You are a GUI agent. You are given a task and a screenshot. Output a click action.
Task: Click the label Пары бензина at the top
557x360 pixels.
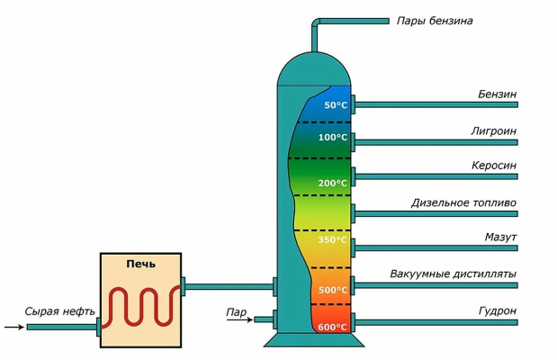tap(434, 20)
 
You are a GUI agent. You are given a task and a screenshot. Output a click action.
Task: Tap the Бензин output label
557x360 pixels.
tap(497, 94)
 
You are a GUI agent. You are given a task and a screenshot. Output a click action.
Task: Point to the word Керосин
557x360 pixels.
tap(493, 166)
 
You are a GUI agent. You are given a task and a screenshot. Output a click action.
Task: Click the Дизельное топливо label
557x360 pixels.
tap(463, 202)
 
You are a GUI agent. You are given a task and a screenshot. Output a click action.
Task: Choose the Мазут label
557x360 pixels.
tap(499, 238)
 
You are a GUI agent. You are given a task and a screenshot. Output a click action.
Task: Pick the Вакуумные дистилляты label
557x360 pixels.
tap(454, 274)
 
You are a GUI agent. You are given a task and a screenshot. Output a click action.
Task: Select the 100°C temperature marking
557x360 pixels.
tap(332, 138)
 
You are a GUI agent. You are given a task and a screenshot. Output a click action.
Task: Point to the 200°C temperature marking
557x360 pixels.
tap(332, 183)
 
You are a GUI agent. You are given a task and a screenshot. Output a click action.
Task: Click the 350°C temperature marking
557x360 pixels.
tap(332, 241)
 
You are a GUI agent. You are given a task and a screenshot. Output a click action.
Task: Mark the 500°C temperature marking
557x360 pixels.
tap(332, 290)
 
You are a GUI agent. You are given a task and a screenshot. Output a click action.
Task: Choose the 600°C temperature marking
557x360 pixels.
tap(332, 327)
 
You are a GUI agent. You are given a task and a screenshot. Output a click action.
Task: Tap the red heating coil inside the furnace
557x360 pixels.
tap(140, 310)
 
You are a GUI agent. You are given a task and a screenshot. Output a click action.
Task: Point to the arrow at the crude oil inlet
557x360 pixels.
tap(13, 327)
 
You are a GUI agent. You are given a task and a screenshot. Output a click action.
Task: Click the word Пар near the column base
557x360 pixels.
tap(237, 312)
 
